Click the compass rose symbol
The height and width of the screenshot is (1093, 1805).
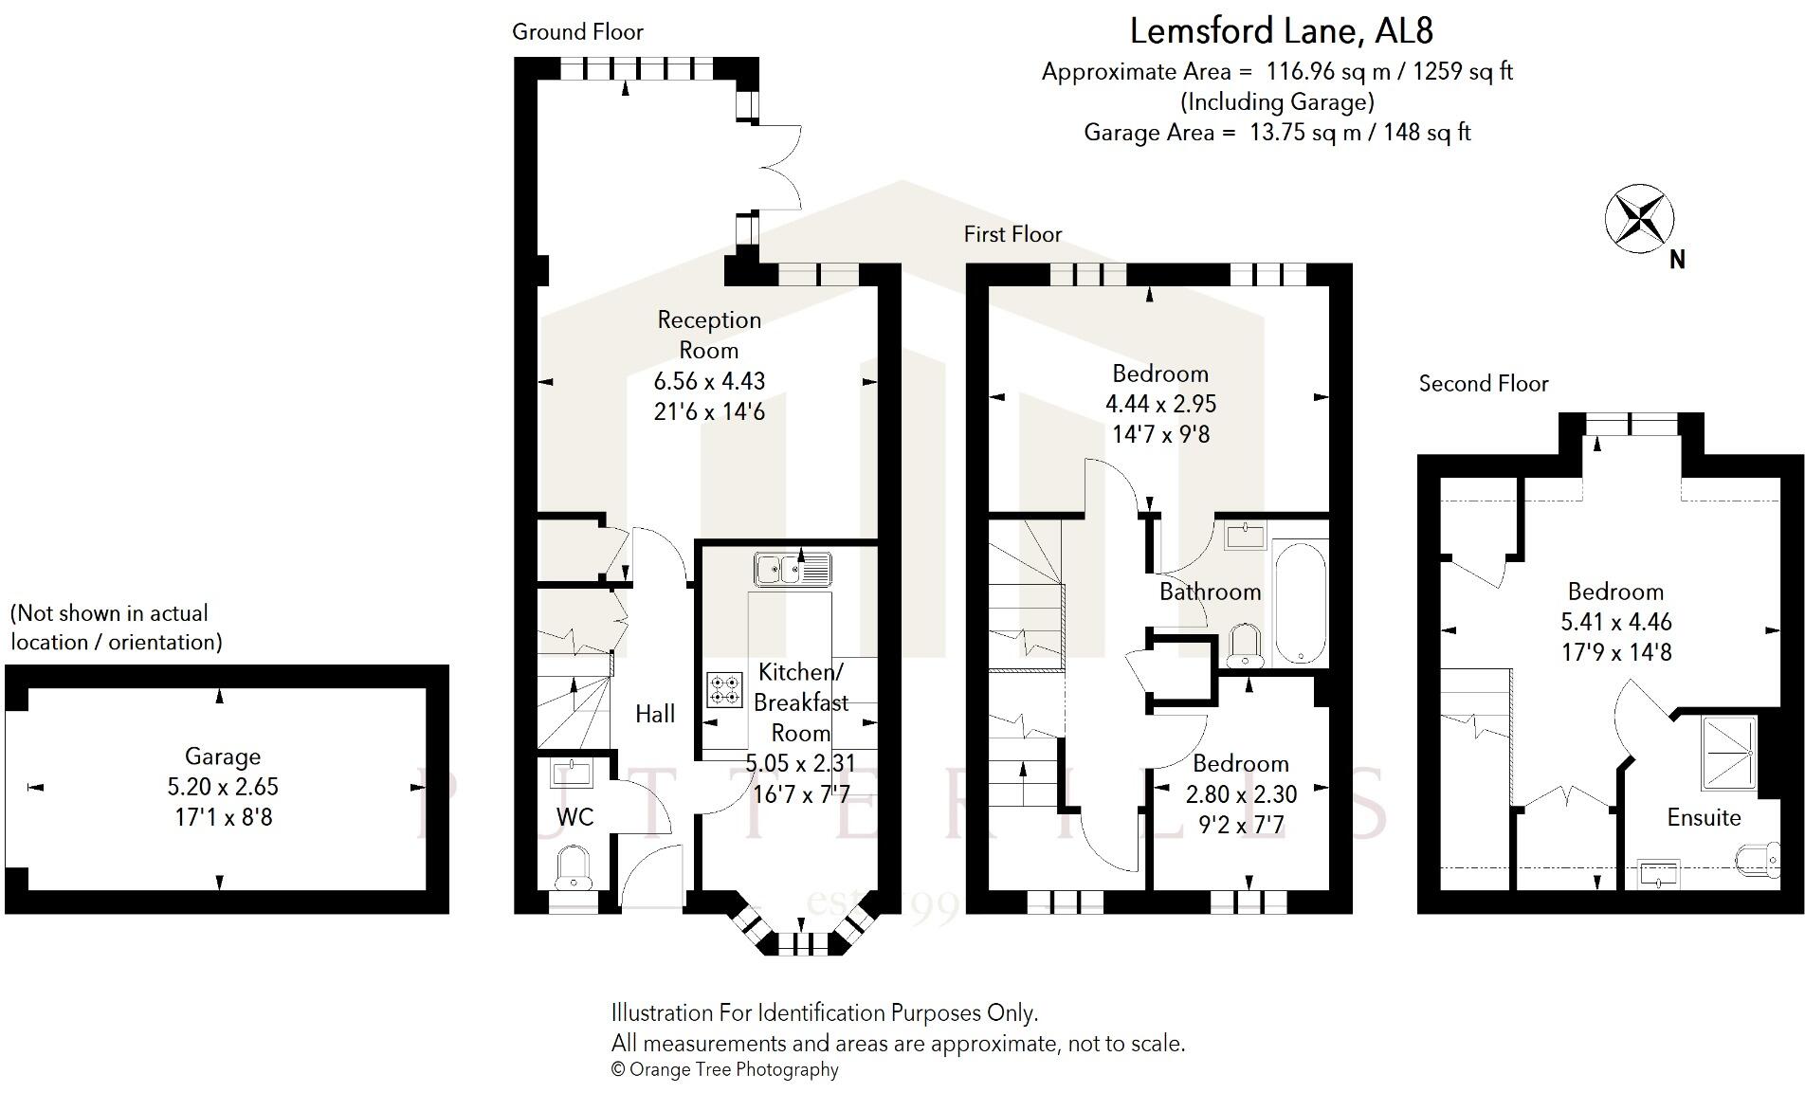click(x=1638, y=219)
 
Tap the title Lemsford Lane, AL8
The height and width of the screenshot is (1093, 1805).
click(x=1281, y=31)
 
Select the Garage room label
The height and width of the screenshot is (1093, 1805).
click(x=222, y=756)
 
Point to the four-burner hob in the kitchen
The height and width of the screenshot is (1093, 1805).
click(x=724, y=689)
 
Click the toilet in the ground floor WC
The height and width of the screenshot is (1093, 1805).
click(x=573, y=868)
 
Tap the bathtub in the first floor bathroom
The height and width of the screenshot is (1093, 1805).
click(x=1301, y=602)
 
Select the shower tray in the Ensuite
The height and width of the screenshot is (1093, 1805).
click(x=1728, y=753)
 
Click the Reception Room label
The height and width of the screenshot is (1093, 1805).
click(x=709, y=335)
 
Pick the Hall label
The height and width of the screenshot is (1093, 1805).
click(x=655, y=714)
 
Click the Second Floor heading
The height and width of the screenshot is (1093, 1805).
click(x=1483, y=384)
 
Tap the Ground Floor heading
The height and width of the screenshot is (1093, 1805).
click(x=577, y=32)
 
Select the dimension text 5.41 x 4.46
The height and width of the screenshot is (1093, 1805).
click(x=1615, y=622)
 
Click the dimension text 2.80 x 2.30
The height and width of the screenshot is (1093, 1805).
click(x=1241, y=793)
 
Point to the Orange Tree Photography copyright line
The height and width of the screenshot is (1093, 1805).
click(x=725, y=1069)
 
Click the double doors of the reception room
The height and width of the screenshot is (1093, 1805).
click(x=779, y=165)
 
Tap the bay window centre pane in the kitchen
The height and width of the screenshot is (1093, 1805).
click(x=796, y=943)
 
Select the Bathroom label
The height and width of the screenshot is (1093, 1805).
click(x=1210, y=592)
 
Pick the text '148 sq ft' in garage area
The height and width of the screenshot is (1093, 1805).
click(x=1427, y=132)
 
